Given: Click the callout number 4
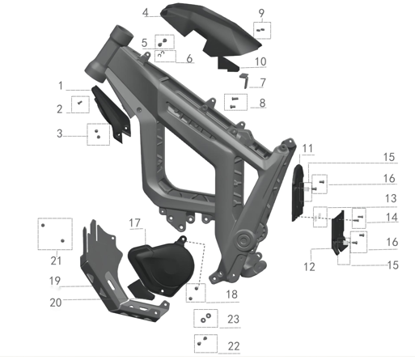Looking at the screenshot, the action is point(146,12).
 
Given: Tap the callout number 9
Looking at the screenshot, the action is point(261,13).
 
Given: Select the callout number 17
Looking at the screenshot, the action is point(134,223).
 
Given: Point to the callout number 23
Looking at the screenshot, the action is point(233,320).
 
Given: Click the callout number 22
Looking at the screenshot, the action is point(234,346).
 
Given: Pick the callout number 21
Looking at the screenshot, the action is point(56,260).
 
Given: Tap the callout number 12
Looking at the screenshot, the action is point(309,267).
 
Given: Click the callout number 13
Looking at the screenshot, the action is point(391,198).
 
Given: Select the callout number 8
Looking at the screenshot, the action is point(262,103).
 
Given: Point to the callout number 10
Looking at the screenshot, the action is point(260,61).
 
